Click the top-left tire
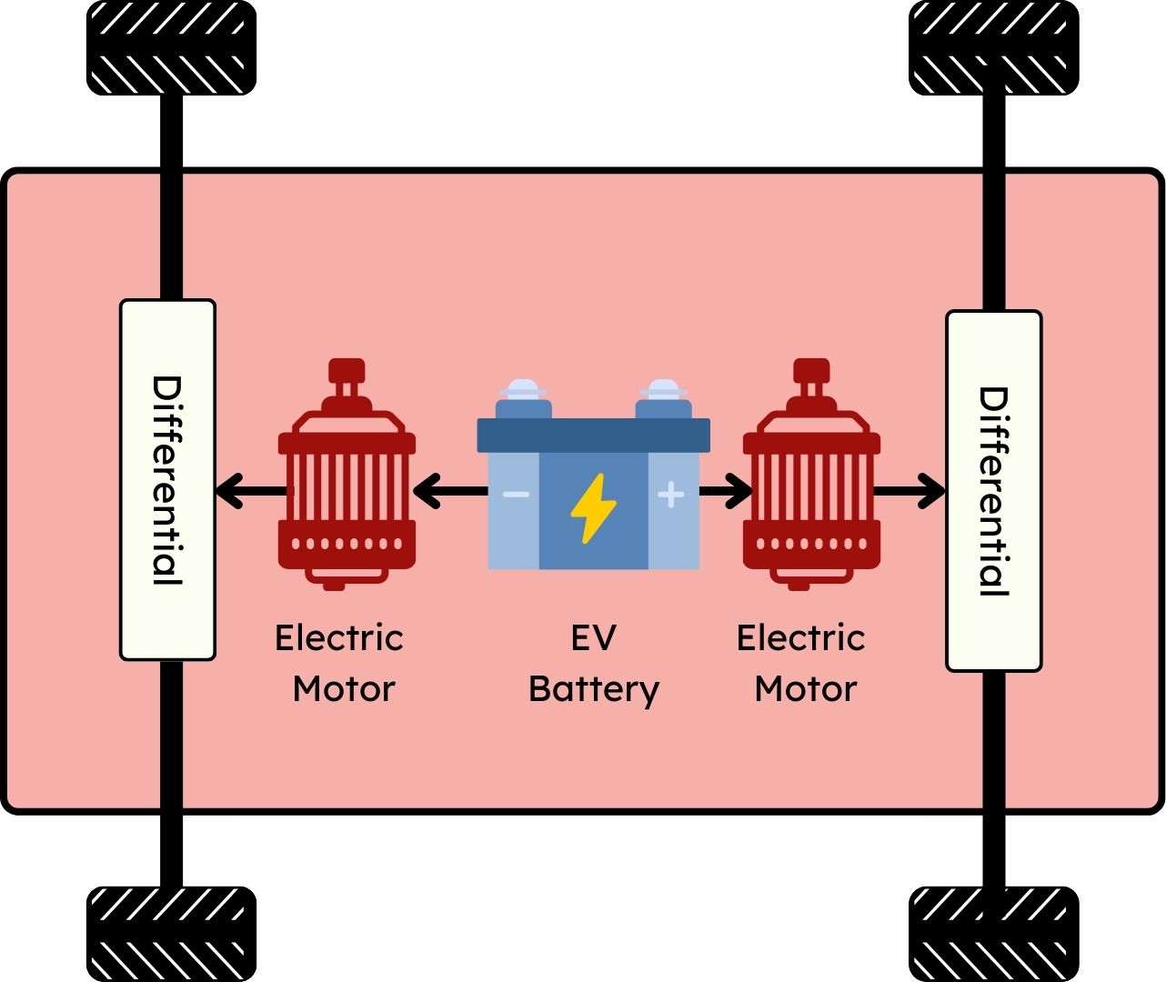(x=171, y=47)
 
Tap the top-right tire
(x=993, y=47)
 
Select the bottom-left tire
(x=171, y=934)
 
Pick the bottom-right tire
(x=993, y=934)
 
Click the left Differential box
(x=167, y=479)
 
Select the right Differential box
(x=993, y=491)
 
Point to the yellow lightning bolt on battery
(x=593, y=507)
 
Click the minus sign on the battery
(x=516, y=495)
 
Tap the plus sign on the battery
(x=670, y=494)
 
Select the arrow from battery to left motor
(x=450, y=492)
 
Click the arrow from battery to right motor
(x=726, y=492)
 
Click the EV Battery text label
(x=593, y=664)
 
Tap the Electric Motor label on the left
(x=339, y=664)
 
